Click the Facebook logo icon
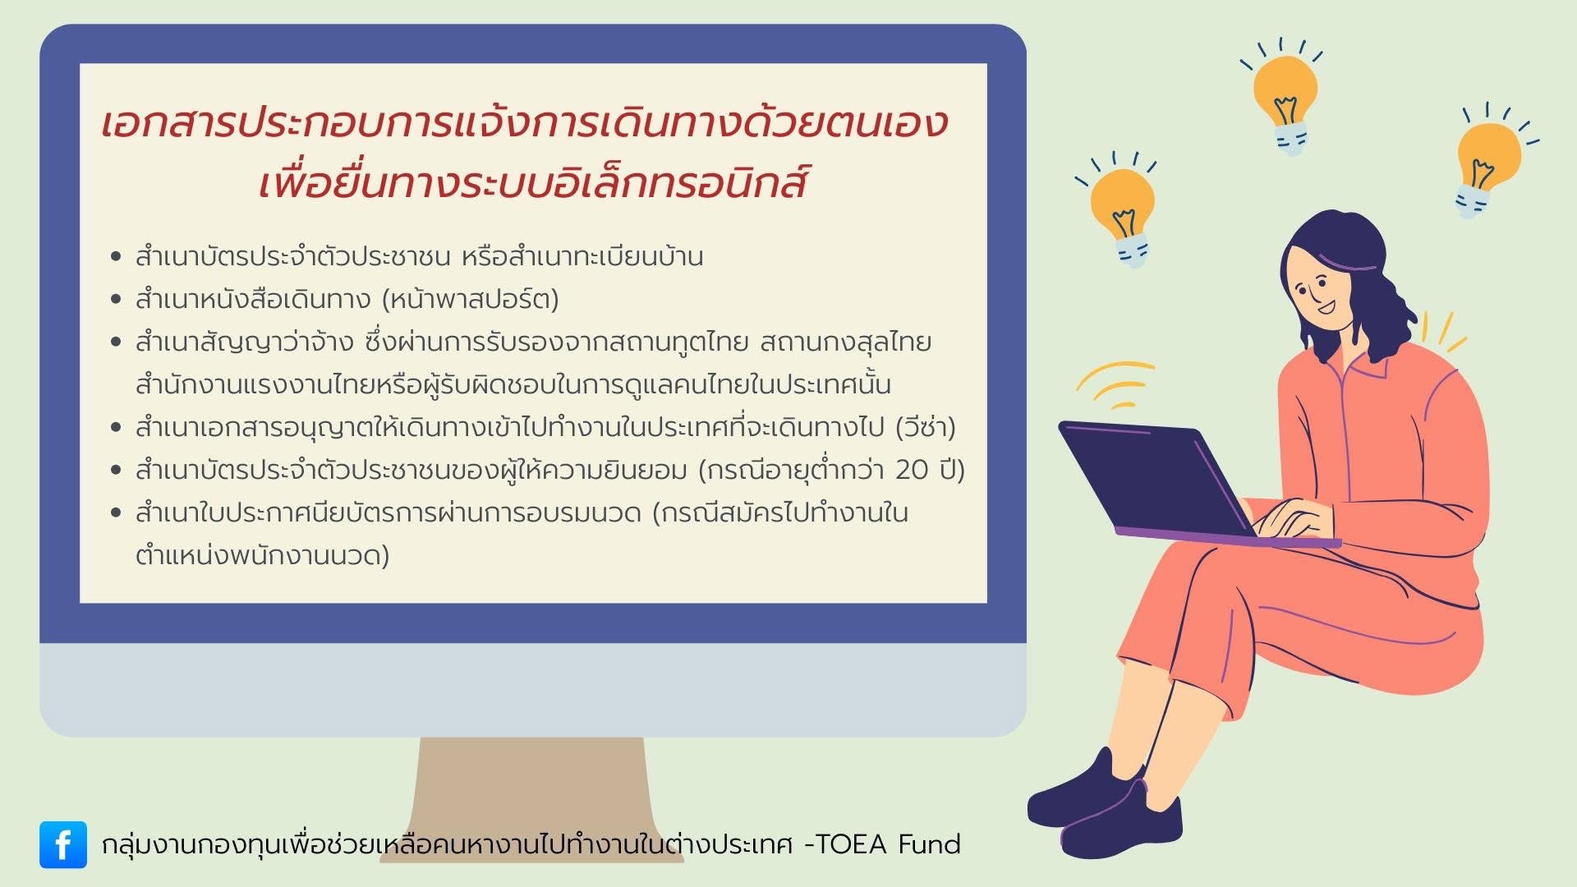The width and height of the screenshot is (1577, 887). pyautogui.click(x=63, y=844)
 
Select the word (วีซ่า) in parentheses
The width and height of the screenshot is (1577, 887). pyautogui.click(x=926, y=427)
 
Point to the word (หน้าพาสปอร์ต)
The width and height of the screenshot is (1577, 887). pyautogui.click(x=471, y=299)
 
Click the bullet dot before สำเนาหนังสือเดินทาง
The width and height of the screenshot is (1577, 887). pyautogui.click(x=116, y=299)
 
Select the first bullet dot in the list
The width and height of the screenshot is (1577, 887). pyautogui.click(x=116, y=256)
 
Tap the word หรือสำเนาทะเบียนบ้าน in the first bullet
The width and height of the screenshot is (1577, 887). pyautogui.click(x=582, y=256)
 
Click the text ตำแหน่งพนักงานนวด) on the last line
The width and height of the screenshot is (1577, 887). pyautogui.click(x=263, y=555)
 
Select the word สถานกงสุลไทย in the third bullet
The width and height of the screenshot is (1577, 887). pyautogui.click(x=846, y=342)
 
